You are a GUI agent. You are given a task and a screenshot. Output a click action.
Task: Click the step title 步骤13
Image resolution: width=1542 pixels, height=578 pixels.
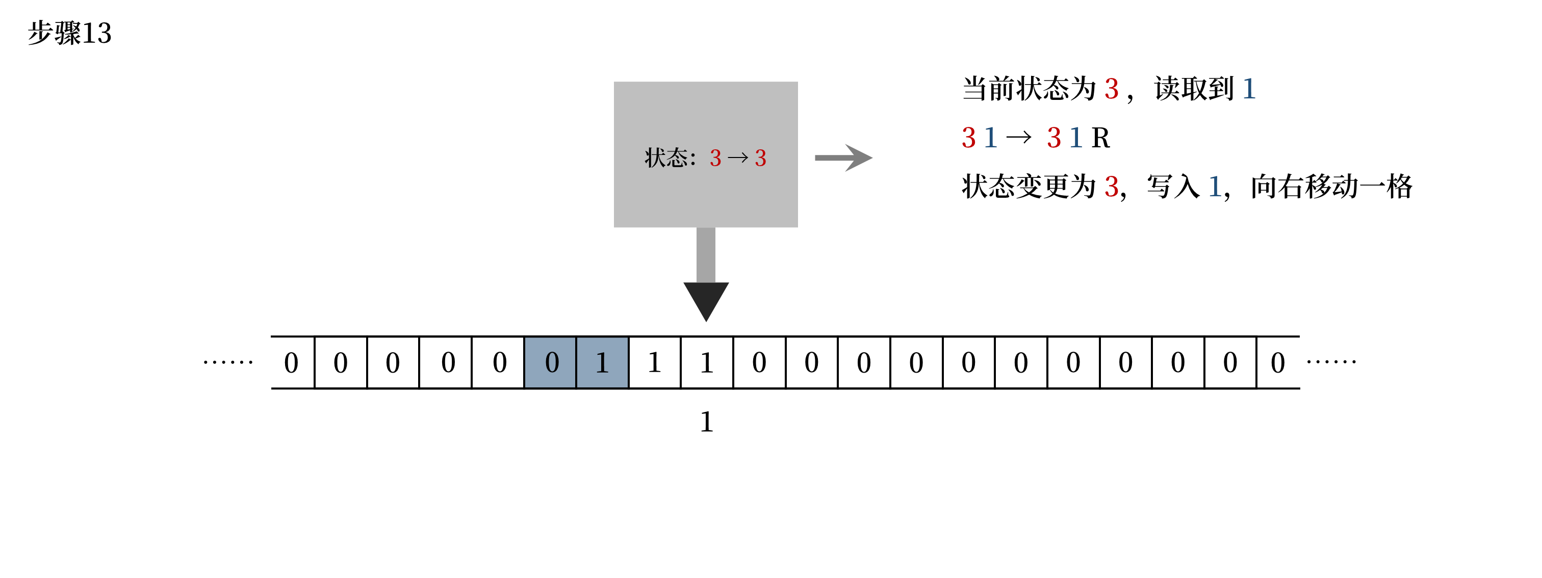point(69,33)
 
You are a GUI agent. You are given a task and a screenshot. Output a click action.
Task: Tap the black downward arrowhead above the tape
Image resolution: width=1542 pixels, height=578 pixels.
point(706,299)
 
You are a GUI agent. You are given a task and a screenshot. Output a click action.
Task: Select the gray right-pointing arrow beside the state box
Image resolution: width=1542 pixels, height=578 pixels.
point(843,158)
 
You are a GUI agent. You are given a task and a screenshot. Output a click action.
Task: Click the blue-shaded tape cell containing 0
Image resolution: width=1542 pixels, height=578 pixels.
point(551,362)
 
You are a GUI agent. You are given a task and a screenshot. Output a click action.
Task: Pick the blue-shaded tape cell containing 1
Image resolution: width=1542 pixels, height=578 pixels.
point(602,362)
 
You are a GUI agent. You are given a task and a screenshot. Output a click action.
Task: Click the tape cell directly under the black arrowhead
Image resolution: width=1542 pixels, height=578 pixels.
point(706,362)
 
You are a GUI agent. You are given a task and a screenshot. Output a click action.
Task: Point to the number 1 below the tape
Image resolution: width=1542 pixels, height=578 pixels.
point(706,422)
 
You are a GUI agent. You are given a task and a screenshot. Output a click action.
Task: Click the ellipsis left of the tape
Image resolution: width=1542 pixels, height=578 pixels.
point(228,362)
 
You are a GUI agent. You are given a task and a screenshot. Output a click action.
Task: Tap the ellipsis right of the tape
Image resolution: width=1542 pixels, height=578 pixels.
point(1331,361)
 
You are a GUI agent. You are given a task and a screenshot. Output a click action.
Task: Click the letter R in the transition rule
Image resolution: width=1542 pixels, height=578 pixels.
point(1100,138)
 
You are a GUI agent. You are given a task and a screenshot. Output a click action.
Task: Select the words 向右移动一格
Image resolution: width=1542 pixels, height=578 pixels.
point(1331,187)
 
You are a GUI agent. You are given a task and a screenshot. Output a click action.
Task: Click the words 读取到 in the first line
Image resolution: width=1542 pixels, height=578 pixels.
point(1194,89)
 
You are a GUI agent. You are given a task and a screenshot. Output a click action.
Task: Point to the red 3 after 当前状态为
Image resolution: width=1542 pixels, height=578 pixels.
point(1112,89)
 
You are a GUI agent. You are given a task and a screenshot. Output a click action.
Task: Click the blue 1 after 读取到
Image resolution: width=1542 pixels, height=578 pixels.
point(1249,89)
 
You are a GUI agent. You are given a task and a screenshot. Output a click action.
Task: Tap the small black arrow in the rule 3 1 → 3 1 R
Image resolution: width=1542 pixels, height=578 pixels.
point(1018,138)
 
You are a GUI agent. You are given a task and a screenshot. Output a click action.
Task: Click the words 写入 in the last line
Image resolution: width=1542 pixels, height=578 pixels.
point(1173,187)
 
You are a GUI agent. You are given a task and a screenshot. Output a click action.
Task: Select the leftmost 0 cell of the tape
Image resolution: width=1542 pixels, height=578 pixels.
point(292,362)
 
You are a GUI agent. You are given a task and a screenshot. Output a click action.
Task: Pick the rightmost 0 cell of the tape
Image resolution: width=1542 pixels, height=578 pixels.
point(1278,362)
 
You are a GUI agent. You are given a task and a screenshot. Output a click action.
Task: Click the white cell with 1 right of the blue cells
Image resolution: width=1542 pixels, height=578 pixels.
point(654,362)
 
